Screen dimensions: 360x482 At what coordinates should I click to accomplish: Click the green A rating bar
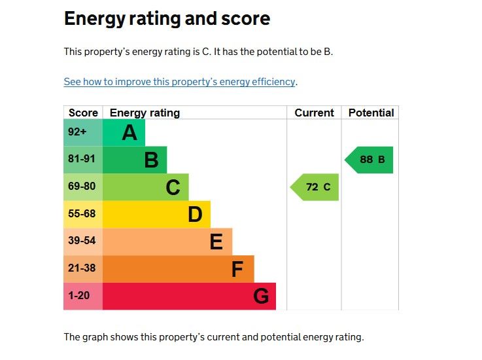pos(124,133)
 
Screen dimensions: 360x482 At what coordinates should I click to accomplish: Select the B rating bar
pos(135,160)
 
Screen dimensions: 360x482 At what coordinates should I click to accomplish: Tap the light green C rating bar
pos(146,187)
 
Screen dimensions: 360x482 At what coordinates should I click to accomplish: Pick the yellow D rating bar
pos(156,214)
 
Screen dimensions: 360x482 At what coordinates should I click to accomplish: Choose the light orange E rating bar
pos(167,242)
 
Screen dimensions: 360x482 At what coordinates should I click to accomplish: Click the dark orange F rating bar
pos(178,268)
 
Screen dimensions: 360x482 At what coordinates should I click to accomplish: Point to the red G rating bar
pos(189,296)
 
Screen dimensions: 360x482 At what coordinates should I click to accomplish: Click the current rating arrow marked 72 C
pos(316,187)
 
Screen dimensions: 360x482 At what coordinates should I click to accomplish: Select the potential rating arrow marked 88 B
pos(370,160)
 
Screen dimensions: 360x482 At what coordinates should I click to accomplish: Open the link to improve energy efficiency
pos(179,82)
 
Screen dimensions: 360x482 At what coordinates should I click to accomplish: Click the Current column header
pos(314,113)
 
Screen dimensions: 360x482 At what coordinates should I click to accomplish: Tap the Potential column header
pos(371,113)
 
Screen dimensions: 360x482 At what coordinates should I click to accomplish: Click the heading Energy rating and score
pos(167,18)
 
